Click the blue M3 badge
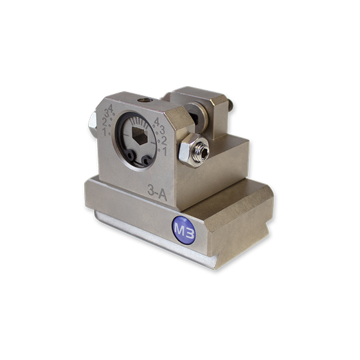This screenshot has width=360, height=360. coord(184,230)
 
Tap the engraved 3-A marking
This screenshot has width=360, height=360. coord(157,192)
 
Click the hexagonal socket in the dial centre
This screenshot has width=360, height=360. coord(139,136)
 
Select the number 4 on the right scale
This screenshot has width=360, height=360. coord(157,122)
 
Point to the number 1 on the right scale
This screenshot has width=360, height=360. coord(165,151)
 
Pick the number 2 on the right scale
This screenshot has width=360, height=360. coord(164,140)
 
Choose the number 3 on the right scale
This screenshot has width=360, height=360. coord(162,130)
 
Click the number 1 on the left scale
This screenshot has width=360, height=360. coord(105,132)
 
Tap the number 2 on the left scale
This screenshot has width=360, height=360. coord(104,122)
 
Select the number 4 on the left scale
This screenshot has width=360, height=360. coord(111,109)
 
